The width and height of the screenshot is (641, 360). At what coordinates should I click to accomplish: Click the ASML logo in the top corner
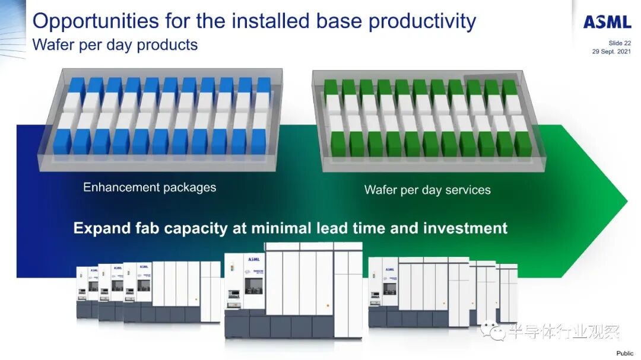[x=607, y=22]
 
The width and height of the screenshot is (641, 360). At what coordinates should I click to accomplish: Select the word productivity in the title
[x=422, y=21]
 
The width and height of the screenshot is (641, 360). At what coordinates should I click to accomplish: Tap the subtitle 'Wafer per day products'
[x=115, y=44]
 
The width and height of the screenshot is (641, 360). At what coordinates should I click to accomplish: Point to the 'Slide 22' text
[x=620, y=43]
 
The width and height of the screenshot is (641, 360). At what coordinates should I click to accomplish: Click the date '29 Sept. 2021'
[x=611, y=51]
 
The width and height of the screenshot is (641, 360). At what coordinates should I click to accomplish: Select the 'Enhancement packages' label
[x=150, y=187]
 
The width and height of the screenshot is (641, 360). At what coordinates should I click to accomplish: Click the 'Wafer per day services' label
[x=427, y=190]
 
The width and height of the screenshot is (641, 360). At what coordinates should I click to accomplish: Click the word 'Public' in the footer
[x=624, y=353]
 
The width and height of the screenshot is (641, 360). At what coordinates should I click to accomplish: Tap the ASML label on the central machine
[x=254, y=259]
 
